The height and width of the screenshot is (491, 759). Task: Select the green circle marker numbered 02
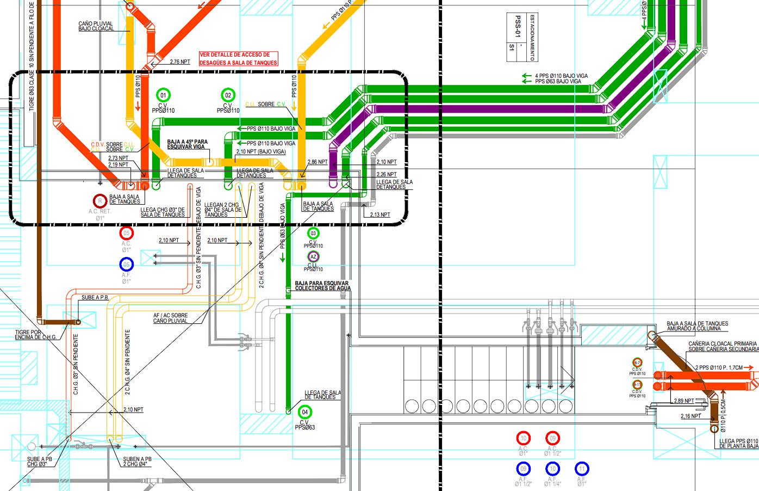228,95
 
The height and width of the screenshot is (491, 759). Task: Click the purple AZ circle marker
313,257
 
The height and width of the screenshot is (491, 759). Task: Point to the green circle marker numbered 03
313,233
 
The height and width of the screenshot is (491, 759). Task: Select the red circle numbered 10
523,438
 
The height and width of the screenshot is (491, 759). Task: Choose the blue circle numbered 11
582,469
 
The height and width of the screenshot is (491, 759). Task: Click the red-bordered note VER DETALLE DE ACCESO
239,59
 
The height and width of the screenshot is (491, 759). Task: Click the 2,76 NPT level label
180,62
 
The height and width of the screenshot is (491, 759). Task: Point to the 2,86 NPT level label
318,162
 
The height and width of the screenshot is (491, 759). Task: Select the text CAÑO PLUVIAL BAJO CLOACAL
96,26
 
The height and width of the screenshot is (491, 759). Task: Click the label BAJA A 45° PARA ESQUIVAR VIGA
188,144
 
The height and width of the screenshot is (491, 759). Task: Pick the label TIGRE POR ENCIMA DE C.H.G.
36,334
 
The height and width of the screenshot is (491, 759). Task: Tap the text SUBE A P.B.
95,298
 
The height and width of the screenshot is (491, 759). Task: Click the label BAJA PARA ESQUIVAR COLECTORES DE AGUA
322,286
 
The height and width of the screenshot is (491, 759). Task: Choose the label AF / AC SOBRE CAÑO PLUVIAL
170,318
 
